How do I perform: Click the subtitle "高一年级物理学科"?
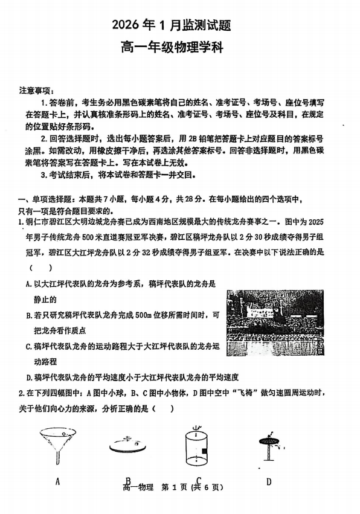point(180,48)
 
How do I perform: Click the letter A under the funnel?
point(57,481)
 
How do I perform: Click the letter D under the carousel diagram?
point(268,481)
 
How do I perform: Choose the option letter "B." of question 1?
point(29,315)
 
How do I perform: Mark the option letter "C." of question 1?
point(29,346)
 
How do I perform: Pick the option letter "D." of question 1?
point(29,377)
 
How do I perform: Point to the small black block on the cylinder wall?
point(206,451)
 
